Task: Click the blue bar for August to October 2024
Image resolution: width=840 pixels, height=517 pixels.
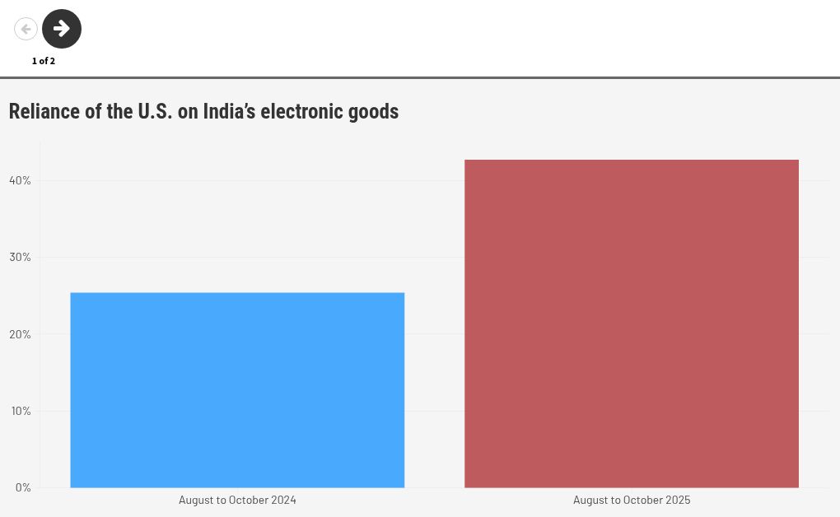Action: [x=237, y=390]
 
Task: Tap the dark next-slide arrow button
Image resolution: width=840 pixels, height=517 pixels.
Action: [x=62, y=29]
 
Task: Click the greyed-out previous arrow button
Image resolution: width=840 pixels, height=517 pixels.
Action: [x=26, y=29]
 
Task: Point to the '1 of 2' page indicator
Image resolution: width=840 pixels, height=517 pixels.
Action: [x=44, y=61]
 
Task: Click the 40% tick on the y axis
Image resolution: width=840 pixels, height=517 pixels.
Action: [x=20, y=180]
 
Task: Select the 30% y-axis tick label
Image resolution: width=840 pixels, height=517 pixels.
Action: [x=20, y=257]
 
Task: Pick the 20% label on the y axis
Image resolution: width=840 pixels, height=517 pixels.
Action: [x=20, y=334]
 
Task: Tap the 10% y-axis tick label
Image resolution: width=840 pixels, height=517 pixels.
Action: [x=20, y=411]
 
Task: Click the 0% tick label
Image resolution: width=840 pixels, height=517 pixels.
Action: [x=23, y=487]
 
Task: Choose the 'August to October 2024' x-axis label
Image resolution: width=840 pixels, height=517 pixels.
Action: [x=237, y=500]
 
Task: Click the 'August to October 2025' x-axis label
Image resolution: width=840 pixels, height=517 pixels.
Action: [x=632, y=500]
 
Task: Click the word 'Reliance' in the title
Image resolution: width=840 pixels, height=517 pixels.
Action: [x=44, y=111]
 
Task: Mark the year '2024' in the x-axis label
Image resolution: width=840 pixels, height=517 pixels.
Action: [x=283, y=500]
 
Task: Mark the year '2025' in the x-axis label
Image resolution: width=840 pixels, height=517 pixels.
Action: [x=678, y=500]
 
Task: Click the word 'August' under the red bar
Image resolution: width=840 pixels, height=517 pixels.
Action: [x=590, y=500]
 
